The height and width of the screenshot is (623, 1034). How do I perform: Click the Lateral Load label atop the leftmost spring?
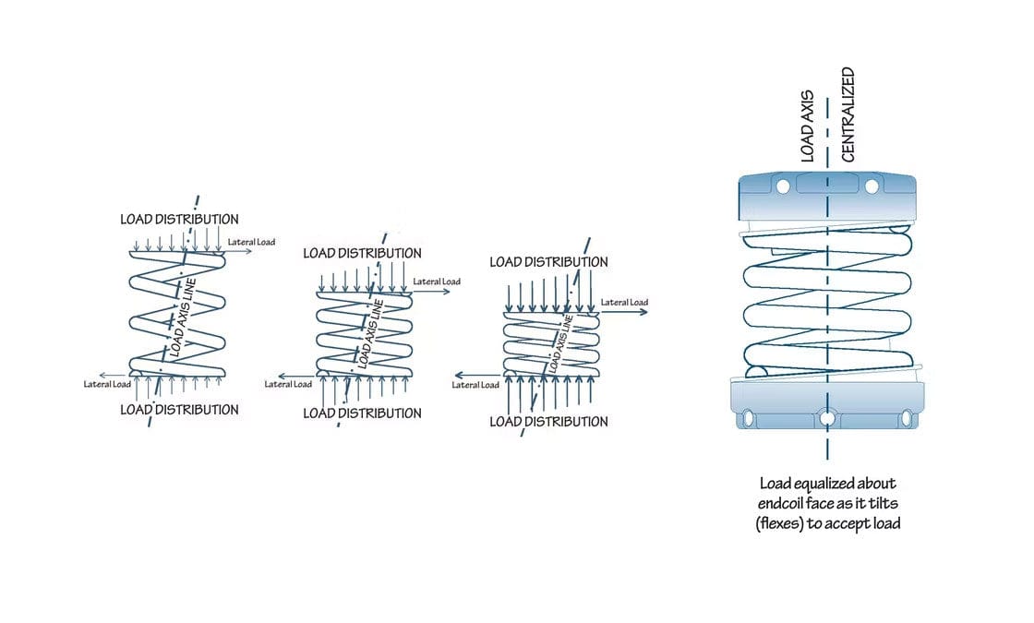(x=251, y=242)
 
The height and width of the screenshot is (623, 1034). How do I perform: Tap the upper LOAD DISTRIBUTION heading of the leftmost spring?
(x=179, y=220)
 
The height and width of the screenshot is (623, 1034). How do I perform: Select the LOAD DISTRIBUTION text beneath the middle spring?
(x=362, y=413)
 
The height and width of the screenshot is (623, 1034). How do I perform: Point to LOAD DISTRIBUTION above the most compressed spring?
(x=548, y=262)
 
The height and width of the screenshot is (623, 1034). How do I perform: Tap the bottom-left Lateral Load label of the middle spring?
(x=288, y=384)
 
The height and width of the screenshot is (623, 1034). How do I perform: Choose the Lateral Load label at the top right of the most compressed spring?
(x=624, y=302)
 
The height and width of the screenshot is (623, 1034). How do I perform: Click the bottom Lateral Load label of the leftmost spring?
(x=107, y=384)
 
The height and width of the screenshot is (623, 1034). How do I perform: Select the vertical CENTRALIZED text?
(x=848, y=114)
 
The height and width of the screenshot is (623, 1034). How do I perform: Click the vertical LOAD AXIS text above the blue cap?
(x=807, y=126)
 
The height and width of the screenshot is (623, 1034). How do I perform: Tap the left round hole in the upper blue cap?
(x=783, y=186)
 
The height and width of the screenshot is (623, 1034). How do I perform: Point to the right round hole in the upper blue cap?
(x=871, y=186)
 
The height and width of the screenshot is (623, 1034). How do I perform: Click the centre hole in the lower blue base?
(x=827, y=419)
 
